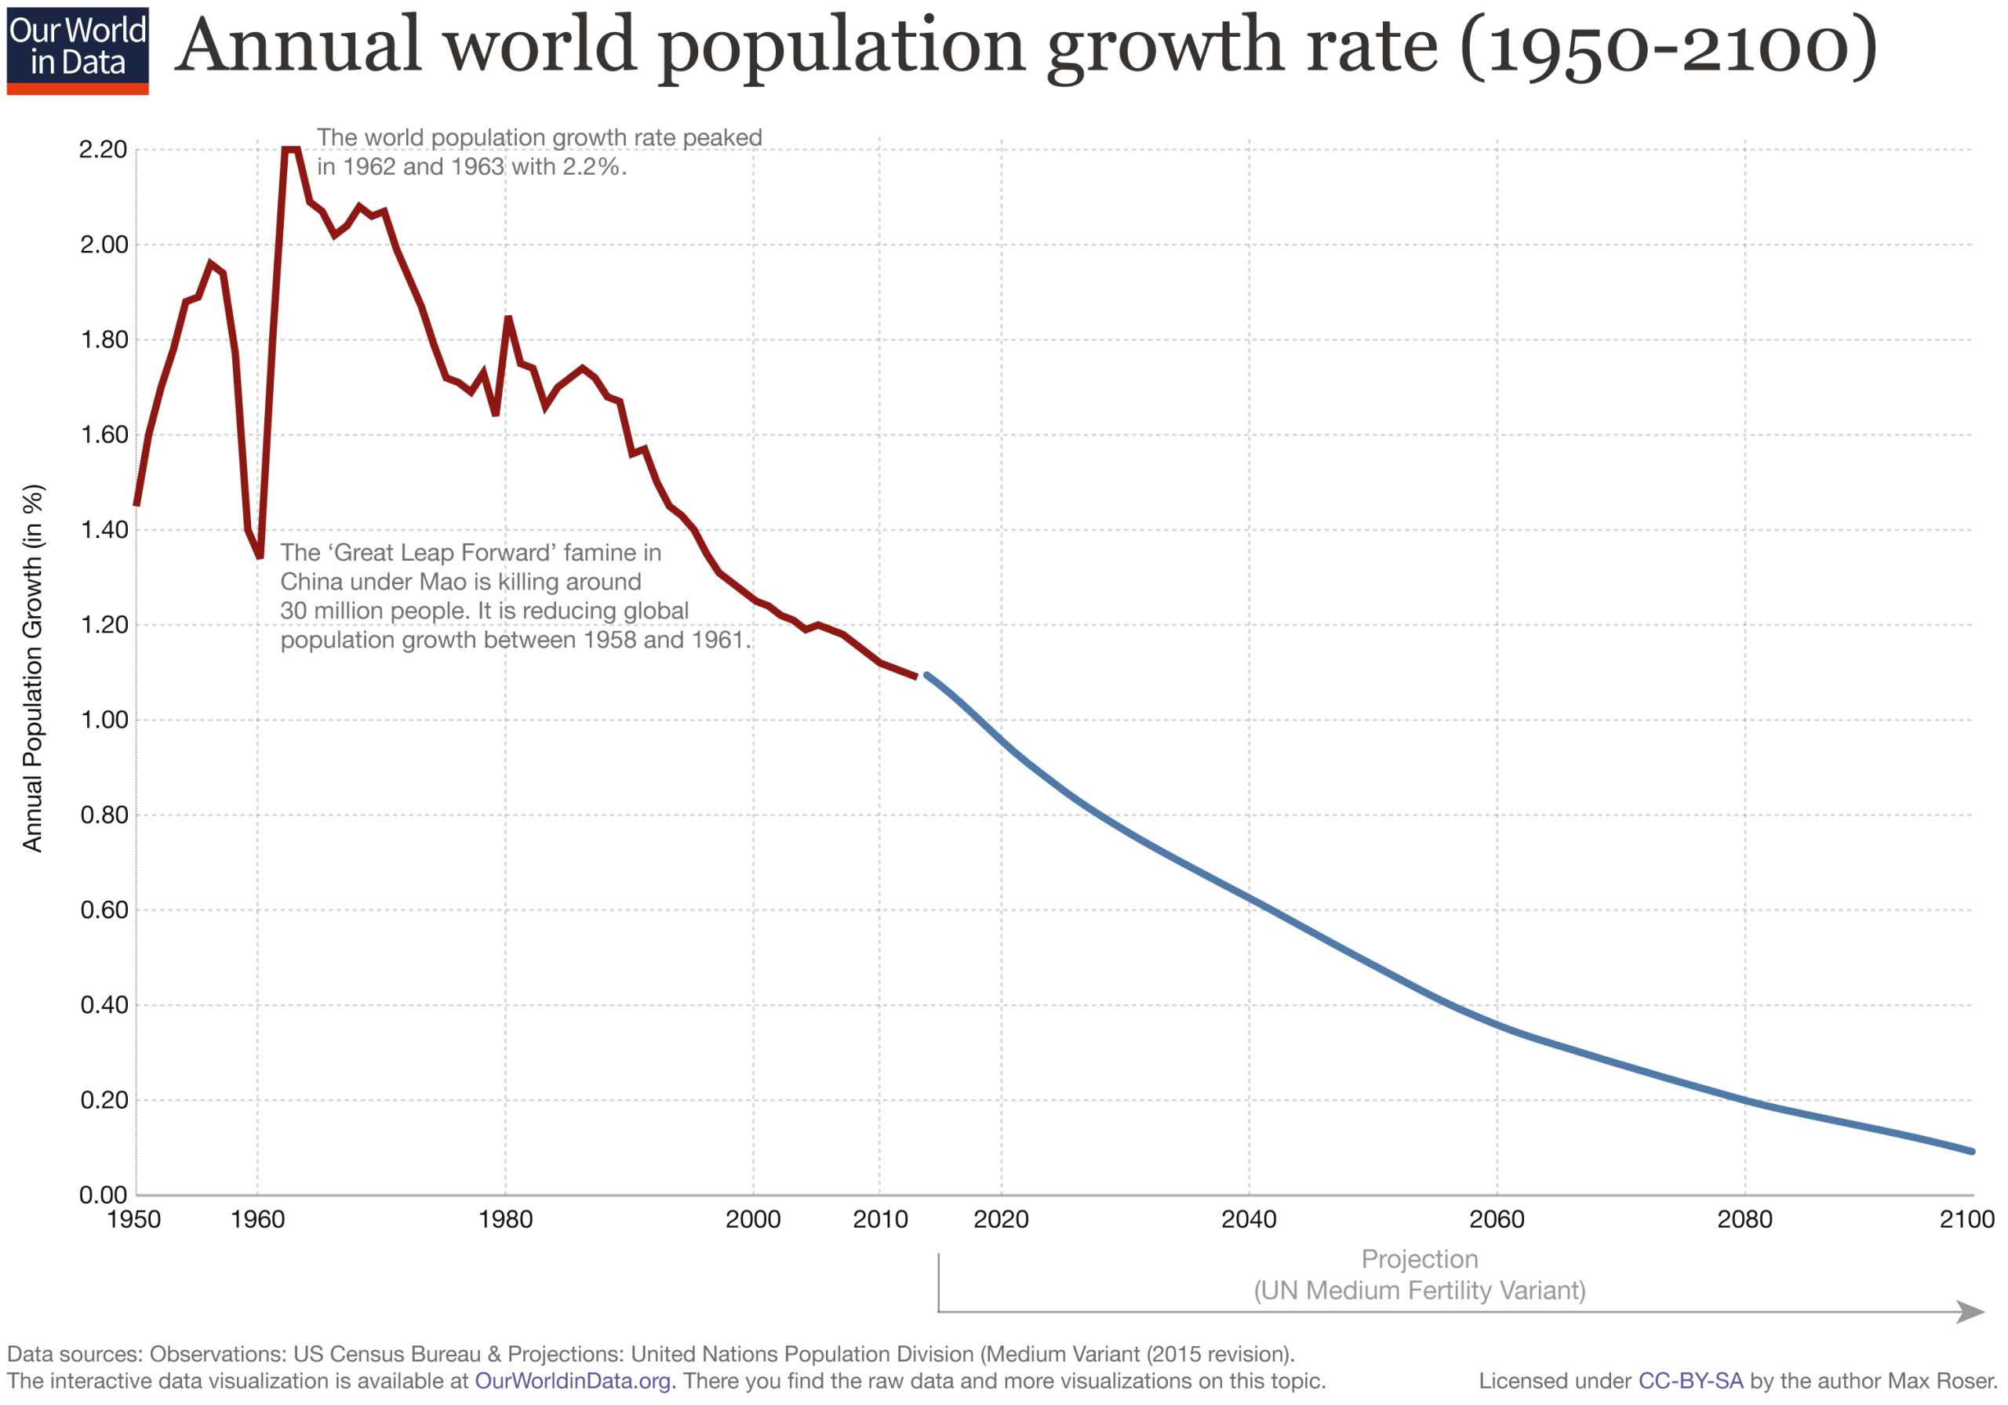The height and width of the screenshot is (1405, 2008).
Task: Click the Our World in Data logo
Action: [x=77, y=50]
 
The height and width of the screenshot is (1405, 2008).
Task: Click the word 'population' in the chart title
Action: [x=840, y=47]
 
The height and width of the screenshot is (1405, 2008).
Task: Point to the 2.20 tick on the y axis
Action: [x=104, y=150]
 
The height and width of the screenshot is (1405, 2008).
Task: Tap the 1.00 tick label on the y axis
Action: [x=104, y=720]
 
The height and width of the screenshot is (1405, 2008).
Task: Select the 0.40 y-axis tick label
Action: [x=104, y=1004]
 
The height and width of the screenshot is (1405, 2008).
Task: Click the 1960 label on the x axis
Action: [x=257, y=1218]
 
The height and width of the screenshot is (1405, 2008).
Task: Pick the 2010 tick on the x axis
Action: [x=880, y=1218]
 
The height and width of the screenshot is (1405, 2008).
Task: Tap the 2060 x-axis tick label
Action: [x=1497, y=1218]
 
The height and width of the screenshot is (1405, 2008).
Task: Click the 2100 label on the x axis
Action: [x=1967, y=1218]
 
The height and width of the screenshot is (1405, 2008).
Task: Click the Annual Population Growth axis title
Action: [x=32, y=668]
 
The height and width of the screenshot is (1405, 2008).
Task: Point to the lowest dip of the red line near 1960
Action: [x=260, y=555]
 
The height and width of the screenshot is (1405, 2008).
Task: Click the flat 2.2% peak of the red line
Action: [x=291, y=150]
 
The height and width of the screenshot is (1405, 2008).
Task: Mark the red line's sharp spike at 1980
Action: [x=508, y=318]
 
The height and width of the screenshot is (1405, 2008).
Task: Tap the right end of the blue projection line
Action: [x=1971, y=1152]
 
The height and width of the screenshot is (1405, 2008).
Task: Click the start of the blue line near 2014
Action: [x=927, y=676]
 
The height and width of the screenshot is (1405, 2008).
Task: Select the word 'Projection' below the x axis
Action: [x=1420, y=1259]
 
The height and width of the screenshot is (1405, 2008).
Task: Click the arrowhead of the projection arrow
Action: [x=1971, y=1312]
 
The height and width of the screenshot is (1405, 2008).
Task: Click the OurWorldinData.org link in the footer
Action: [x=573, y=1381]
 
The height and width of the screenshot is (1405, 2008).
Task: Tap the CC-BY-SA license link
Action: [x=1690, y=1381]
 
